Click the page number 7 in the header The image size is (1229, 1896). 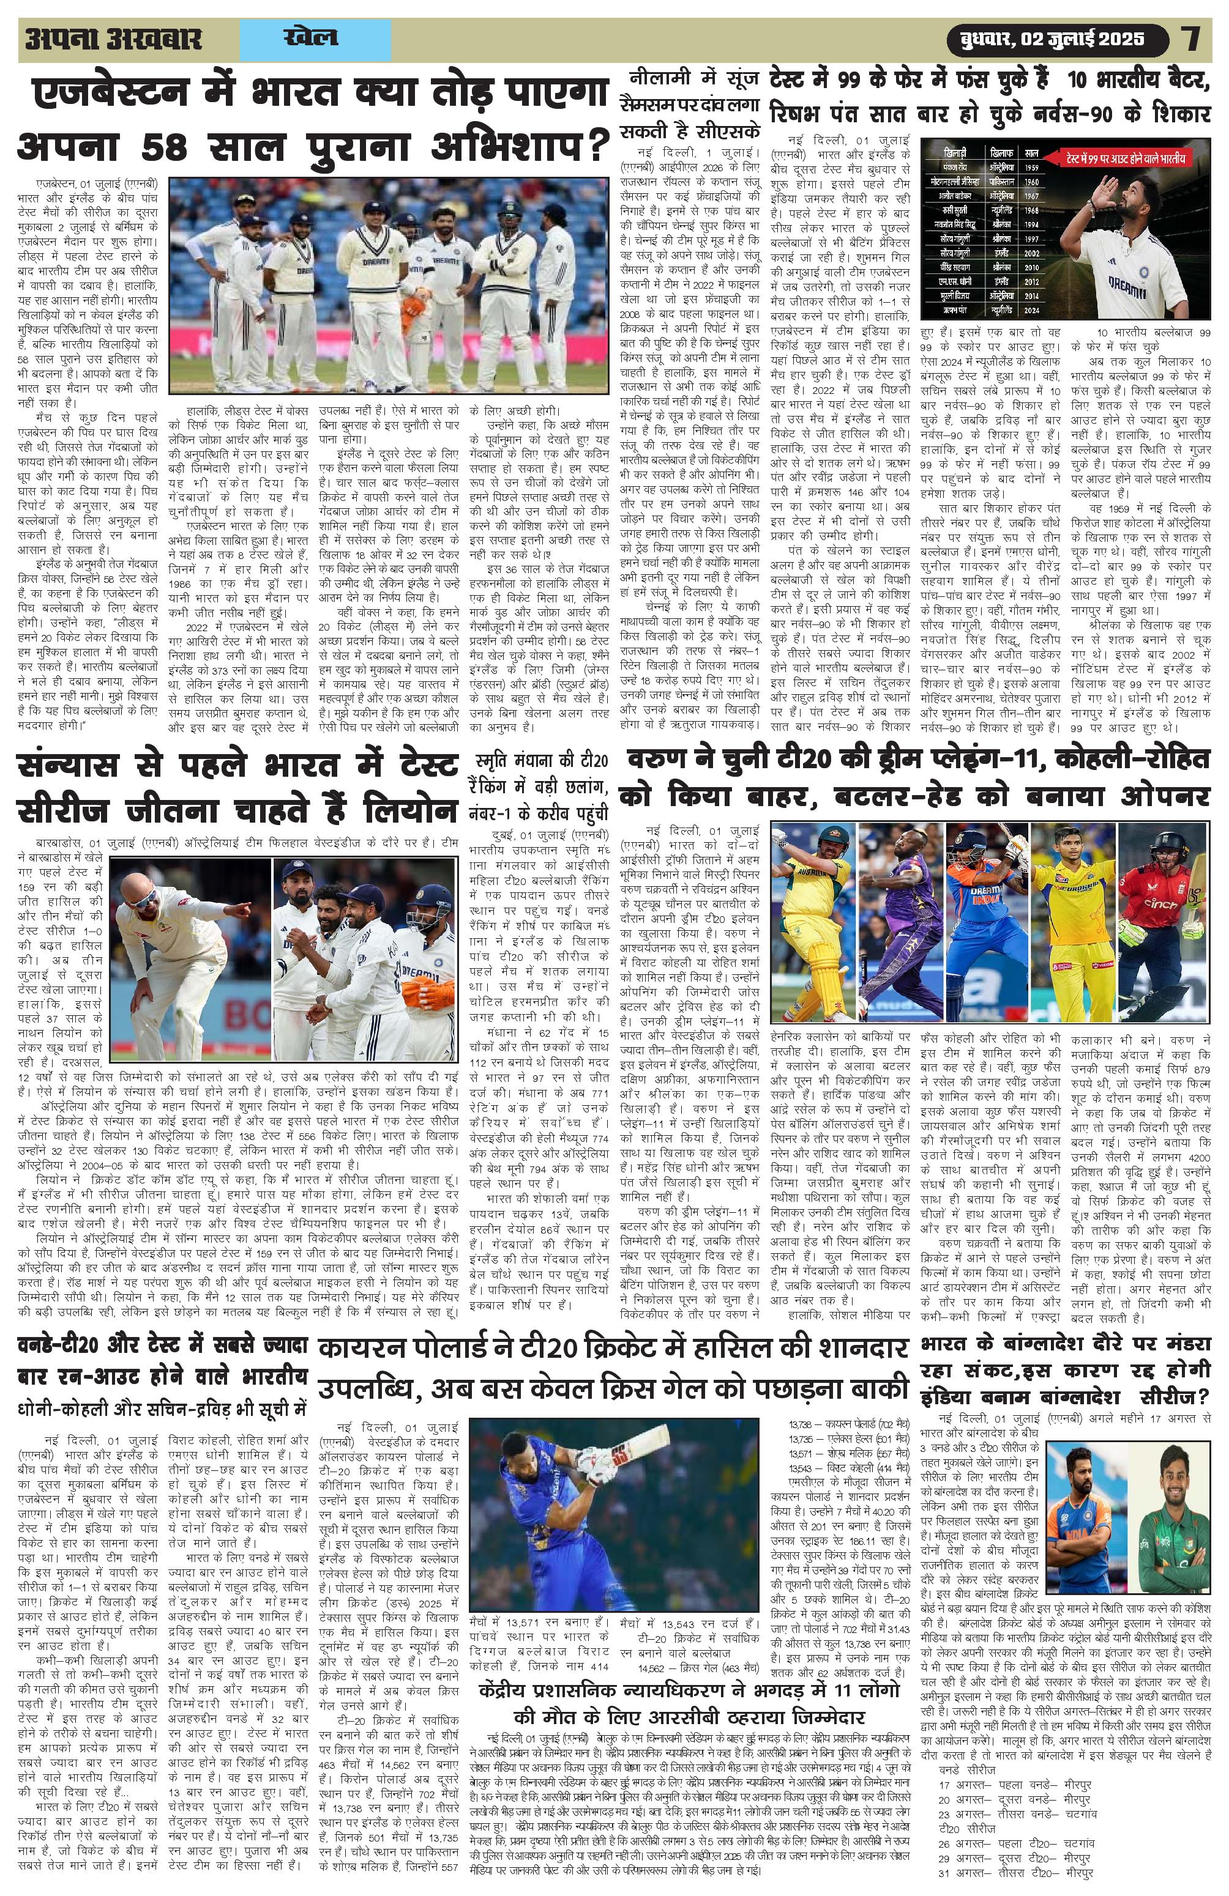pyautogui.click(x=1192, y=39)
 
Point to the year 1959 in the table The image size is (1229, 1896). pyautogui.click(x=1032, y=169)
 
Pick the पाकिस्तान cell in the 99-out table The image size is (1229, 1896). pyautogui.click(x=999, y=181)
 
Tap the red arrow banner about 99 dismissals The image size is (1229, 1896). pyautogui.click(x=1127, y=158)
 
